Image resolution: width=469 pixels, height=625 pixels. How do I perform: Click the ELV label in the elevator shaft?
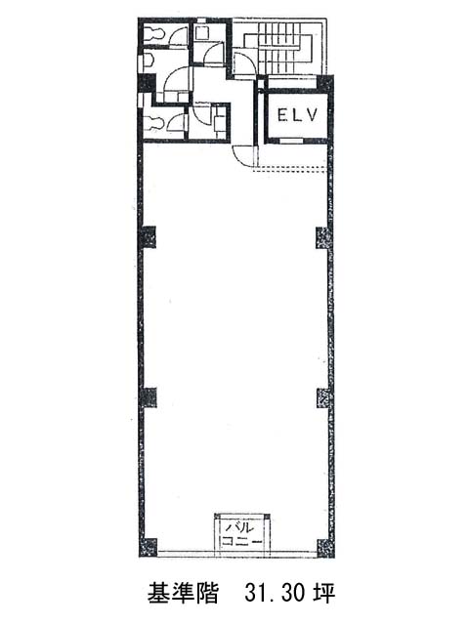(x=297, y=115)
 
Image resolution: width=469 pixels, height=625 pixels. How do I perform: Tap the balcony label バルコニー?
(x=242, y=534)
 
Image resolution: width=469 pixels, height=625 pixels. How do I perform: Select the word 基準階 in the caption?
(x=183, y=593)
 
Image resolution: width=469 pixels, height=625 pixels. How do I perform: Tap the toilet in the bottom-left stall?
(x=152, y=122)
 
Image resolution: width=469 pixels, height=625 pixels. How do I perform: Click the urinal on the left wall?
(x=149, y=61)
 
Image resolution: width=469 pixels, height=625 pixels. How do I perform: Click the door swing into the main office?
(x=242, y=156)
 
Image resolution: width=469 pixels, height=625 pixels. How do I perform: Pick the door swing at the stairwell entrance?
(x=244, y=62)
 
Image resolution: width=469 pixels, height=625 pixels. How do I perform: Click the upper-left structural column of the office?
(x=148, y=236)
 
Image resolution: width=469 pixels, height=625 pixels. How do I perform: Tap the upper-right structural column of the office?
(x=324, y=237)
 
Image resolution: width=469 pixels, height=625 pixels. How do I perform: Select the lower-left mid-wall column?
(x=149, y=397)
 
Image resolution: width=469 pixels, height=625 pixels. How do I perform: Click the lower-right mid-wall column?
(x=325, y=397)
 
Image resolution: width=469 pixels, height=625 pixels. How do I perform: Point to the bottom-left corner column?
(x=149, y=547)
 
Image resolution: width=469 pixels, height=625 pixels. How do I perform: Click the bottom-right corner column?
(x=325, y=548)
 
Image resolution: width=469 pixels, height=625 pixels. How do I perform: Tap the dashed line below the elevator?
(x=291, y=169)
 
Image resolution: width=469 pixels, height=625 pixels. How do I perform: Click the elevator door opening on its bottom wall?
(x=290, y=141)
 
